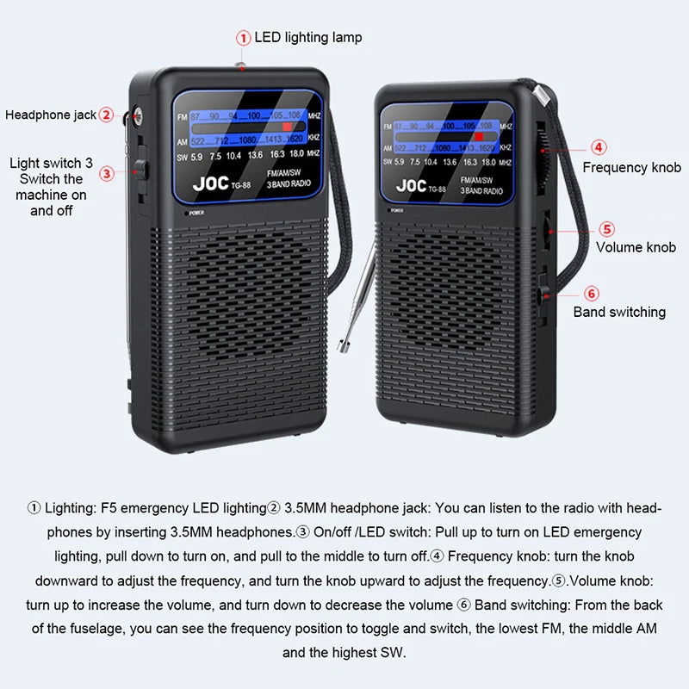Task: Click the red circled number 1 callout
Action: (x=244, y=37)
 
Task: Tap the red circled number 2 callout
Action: (x=106, y=114)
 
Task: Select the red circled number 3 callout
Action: (x=107, y=173)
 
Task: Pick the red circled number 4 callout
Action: (x=599, y=147)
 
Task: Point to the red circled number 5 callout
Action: (x=607, y=229)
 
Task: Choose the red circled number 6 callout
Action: (x=592, y=294)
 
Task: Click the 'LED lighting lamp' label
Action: (x=307, y=37)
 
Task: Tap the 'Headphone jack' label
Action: (x=51, y=115)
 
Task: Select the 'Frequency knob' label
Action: (x=631, y=167)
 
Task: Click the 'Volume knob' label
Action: (x=636, y=247)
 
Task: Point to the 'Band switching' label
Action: (x=619, y=312)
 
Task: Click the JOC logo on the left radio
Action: (x=210, y=183)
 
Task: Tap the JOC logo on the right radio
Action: (x=411, y=185)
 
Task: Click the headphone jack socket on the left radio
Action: (x=137, y=115)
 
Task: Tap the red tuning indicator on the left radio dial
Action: (x=288, y=126)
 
